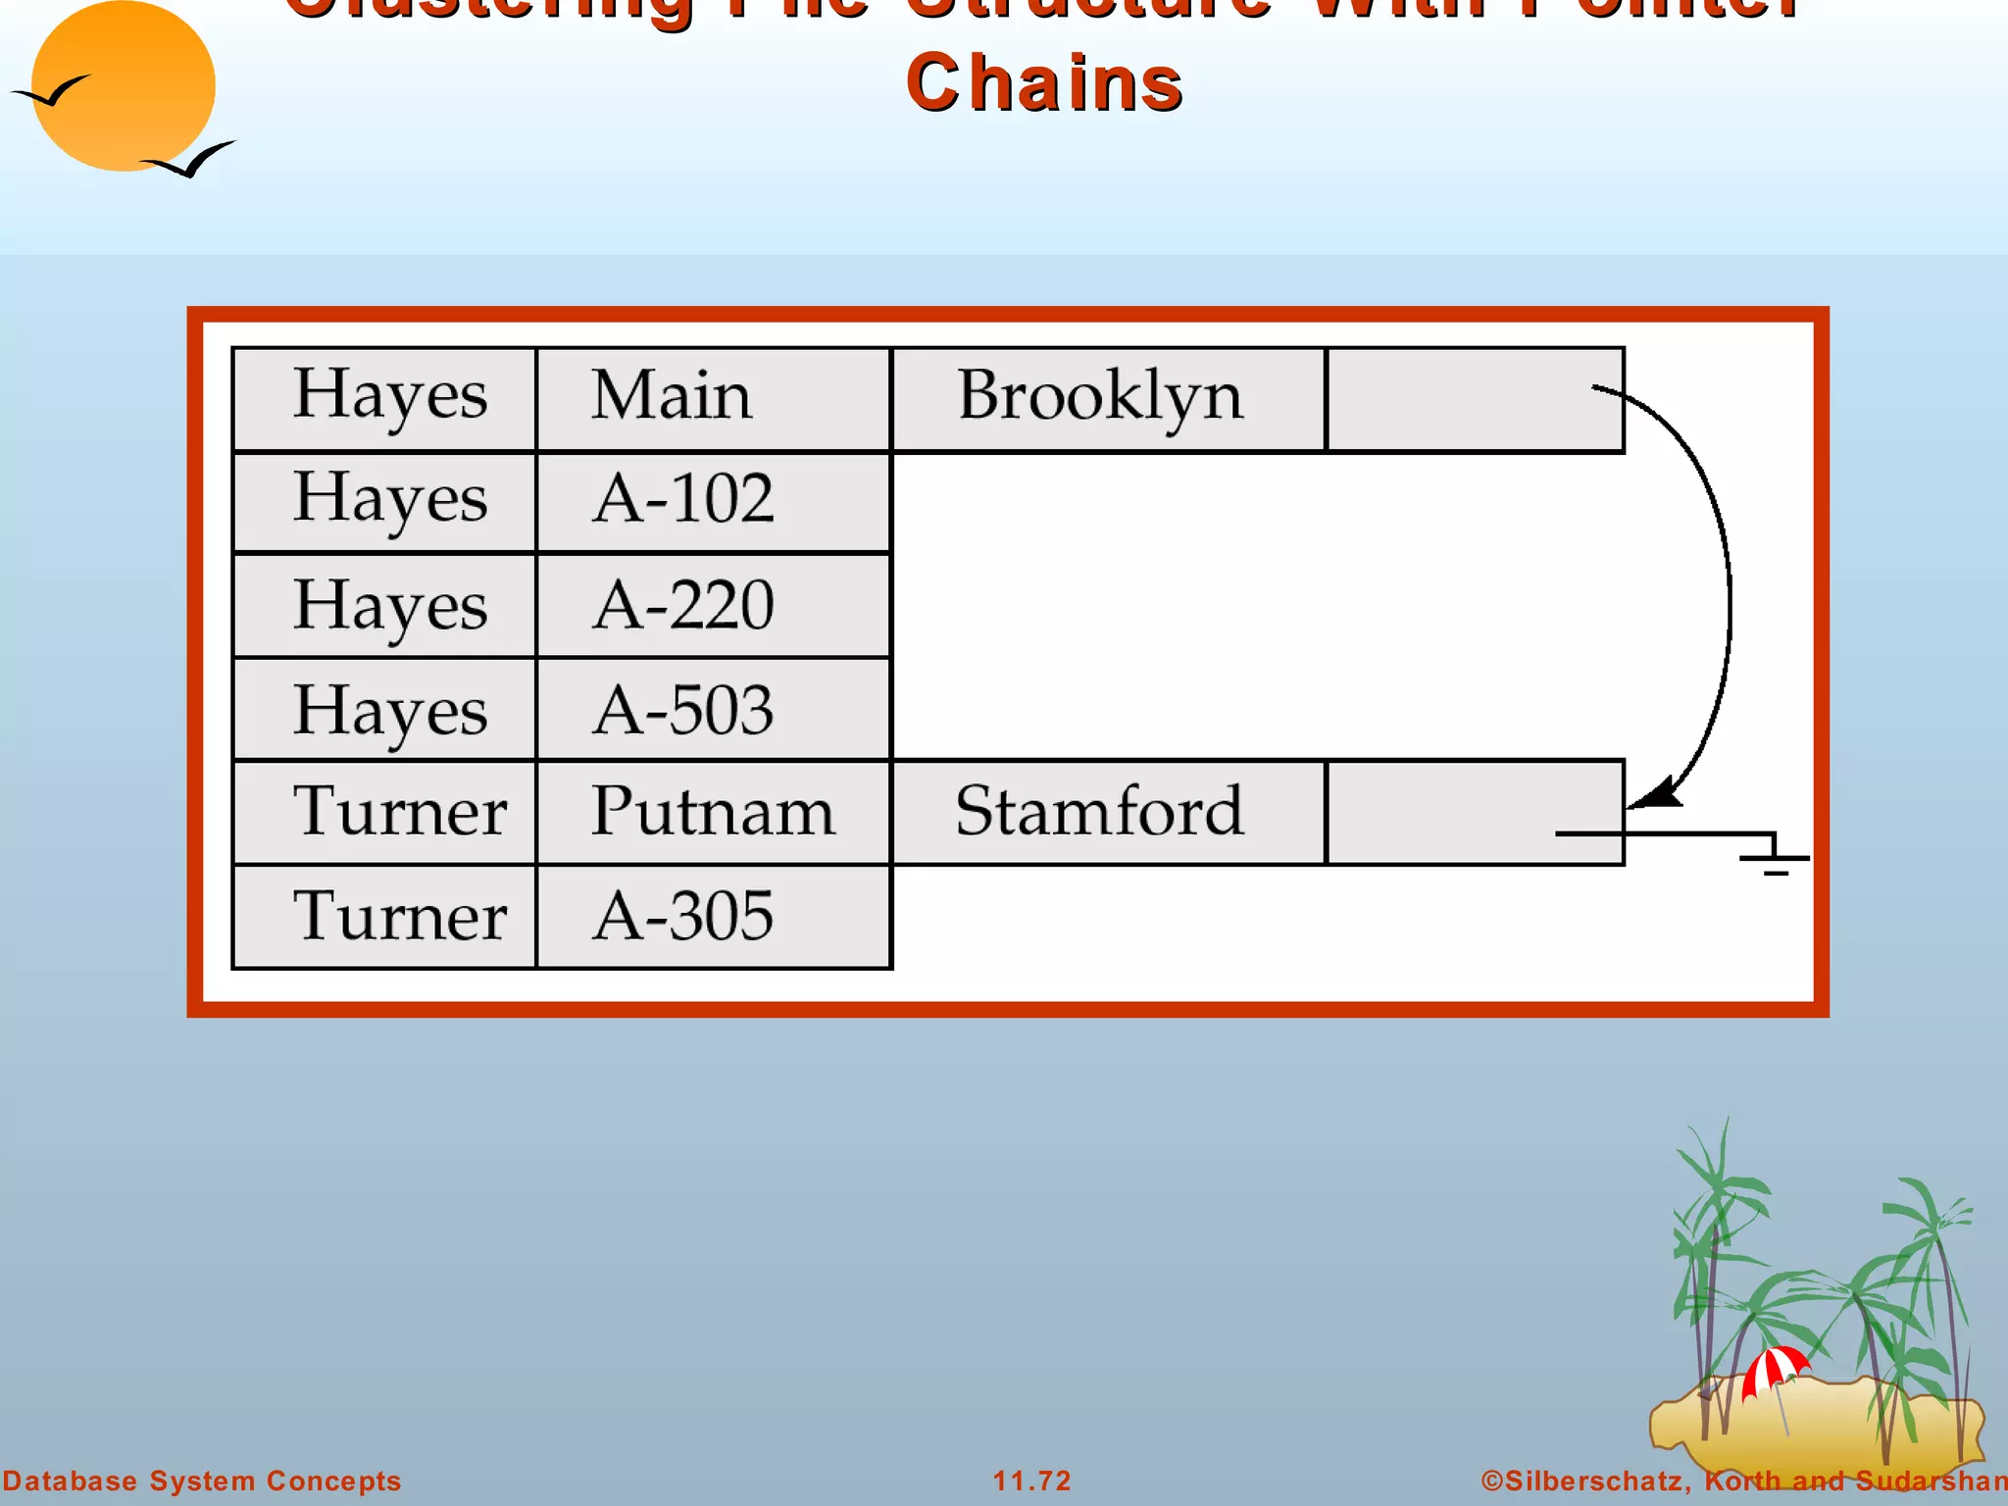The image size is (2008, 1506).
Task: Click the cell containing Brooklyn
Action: click(x=1107, y=399)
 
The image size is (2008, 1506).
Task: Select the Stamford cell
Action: click(x=1107, y=812)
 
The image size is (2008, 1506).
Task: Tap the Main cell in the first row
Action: click(x=713, y=399)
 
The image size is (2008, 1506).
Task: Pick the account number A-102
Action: click(x=713, y=501)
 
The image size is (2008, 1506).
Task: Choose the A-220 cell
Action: click(x=713, y=605)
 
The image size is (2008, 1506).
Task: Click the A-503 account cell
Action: click(x=713, y=709)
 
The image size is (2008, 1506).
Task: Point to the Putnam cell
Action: click(x=713, y=812)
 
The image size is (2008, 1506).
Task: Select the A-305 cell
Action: click(x=713, y=917)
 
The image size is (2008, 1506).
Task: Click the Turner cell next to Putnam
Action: click(x=384, y=812)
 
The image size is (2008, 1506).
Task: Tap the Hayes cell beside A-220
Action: click(x=384, y=605)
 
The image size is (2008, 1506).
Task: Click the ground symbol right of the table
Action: click(x=1775, y=857)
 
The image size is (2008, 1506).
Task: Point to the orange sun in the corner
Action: click(x=123, y=86)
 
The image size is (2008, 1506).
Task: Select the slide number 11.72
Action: click(x=1031, y=1481)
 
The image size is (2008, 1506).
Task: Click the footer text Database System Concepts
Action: click(x=202, y=1481)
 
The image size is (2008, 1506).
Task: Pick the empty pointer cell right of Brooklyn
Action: click(x=1474, y=399)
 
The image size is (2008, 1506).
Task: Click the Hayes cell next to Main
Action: click(x=384, y=399)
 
